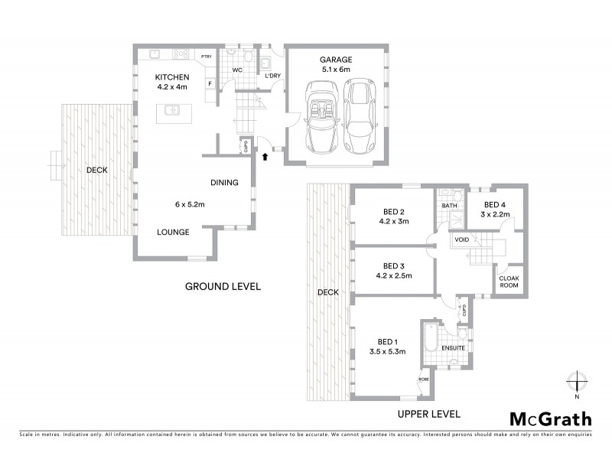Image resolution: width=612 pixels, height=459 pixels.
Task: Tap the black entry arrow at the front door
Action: (x=265, y=157)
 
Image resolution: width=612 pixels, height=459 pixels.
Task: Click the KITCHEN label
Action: (x=173, y=77)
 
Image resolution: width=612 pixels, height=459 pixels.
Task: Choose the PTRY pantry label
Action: (x=206, y=57)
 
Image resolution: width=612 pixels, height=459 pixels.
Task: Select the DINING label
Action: (x=225, y=182)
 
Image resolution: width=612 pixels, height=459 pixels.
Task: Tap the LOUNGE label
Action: (x=174, y=232)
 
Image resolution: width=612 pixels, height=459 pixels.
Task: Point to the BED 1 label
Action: (x=388, y=341)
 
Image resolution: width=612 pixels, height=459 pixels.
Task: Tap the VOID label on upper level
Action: (x=461, y=239)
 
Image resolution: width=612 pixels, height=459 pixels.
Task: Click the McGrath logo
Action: (x=550, y=418)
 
